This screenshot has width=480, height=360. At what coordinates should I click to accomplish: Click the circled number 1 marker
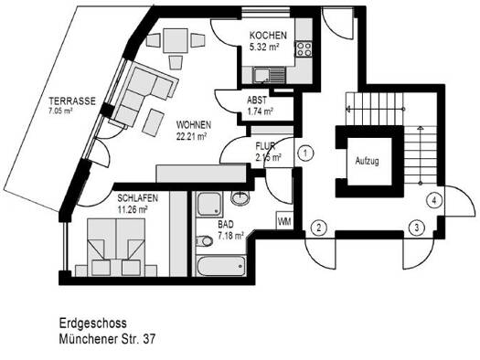point(304,153)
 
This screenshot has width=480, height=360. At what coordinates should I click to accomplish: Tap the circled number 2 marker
point(319,228)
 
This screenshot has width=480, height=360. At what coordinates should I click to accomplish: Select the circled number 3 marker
point(417,228)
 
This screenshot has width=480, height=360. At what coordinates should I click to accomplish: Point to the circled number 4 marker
point(433,201)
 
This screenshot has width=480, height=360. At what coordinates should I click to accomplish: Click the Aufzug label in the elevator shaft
point(367,161)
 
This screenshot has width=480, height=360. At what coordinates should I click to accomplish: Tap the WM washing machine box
point(284,220)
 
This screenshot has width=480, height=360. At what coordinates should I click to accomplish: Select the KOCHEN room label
point(268,36)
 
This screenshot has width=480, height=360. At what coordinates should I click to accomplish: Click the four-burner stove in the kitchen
point(304,49)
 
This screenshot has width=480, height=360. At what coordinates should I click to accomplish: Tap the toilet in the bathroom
point(205,241)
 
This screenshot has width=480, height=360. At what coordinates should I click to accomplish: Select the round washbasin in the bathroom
point(240,197)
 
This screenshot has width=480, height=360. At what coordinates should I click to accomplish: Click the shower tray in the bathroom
point(209,204)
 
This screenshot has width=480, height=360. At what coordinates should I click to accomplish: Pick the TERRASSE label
point(72,101)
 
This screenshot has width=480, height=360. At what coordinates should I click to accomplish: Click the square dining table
point(176,40)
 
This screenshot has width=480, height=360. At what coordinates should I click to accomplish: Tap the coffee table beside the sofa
point(154,122)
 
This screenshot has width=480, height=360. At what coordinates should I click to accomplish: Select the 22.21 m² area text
point(192,136)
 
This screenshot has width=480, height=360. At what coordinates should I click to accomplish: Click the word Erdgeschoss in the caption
point(92,323)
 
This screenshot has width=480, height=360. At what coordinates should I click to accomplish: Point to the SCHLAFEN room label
point(138,198)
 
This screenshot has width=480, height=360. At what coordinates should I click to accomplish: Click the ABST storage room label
point(257,100)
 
